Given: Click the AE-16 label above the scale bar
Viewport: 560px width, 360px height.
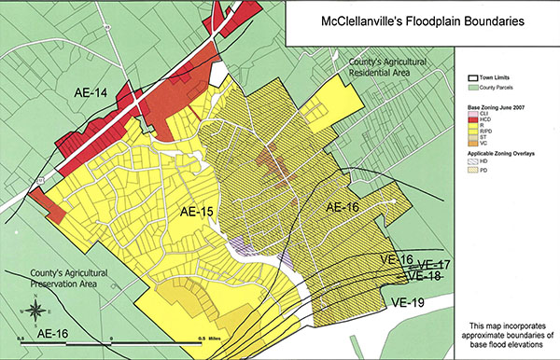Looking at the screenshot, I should [63, 332].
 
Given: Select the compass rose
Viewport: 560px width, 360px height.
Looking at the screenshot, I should [34, 311].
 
